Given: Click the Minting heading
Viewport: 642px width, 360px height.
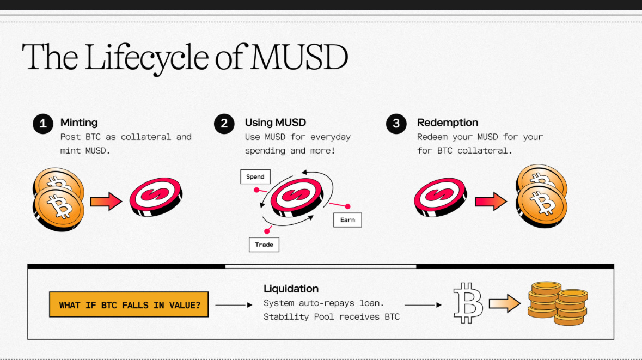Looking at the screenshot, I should (x=79, y=123).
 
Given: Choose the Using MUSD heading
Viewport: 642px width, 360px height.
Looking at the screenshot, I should (x=276, y=123).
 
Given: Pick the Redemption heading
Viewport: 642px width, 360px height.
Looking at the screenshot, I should (x=448, y=123).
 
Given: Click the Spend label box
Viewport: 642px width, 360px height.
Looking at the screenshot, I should (x=255, y=176).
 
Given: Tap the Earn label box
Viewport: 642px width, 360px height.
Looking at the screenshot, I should (x=347, y=220).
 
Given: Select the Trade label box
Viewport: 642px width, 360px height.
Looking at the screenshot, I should (x=264, y=245).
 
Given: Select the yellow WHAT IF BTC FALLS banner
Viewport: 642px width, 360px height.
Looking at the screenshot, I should (x=129, y=305).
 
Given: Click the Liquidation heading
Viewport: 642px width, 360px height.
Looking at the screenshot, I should (x=291, y=289).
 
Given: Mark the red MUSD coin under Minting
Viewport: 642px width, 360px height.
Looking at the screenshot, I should (x=155, y=196).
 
